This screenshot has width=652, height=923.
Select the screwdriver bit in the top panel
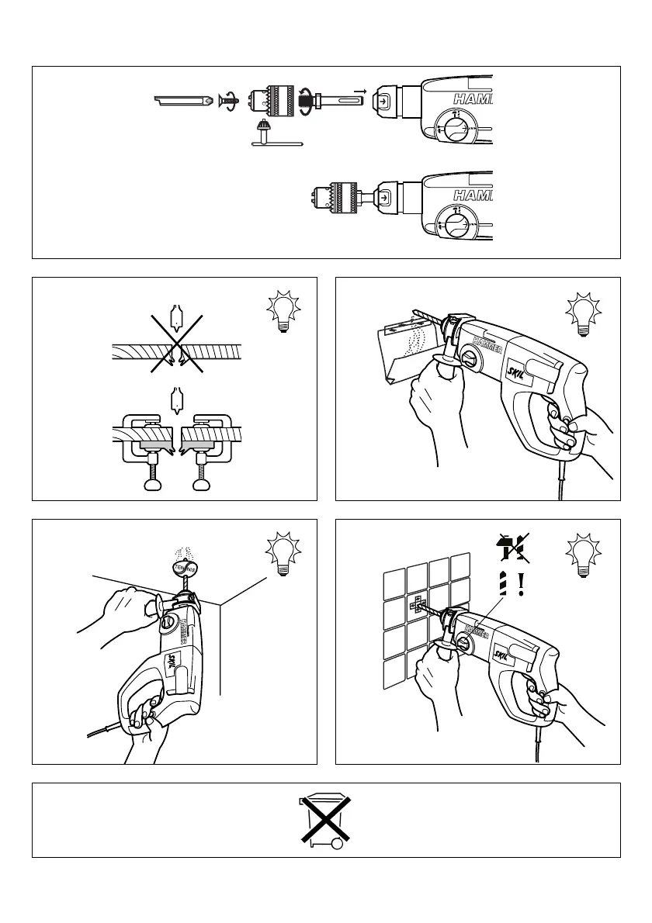(x=186, y=101)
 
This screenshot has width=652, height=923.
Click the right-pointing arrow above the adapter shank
(x=360, y=91)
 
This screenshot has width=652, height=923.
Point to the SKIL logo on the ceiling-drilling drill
(x=173, y=662)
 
